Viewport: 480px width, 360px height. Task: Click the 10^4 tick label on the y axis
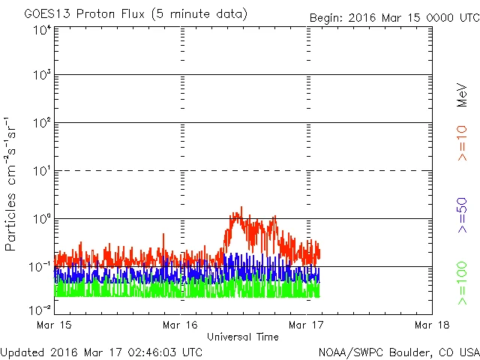[x=41, y=30]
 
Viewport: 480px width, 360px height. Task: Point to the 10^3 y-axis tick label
[x=41, y=76]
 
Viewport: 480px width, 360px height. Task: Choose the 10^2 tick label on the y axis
[x=41, y=123]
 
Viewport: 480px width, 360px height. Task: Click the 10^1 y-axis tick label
[x=41, y=171]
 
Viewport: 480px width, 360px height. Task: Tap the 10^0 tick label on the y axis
[x=41, y=219]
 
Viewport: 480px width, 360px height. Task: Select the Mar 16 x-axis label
[x=181, y=325]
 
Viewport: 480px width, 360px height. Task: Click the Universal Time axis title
[x=243, y=337]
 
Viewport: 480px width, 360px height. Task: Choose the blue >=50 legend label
[x=463, y=216]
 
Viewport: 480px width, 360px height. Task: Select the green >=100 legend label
[x=463, y=283]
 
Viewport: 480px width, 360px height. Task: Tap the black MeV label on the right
[x=463, y=94]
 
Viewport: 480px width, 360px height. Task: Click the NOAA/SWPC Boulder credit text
[x=398, y=351]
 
